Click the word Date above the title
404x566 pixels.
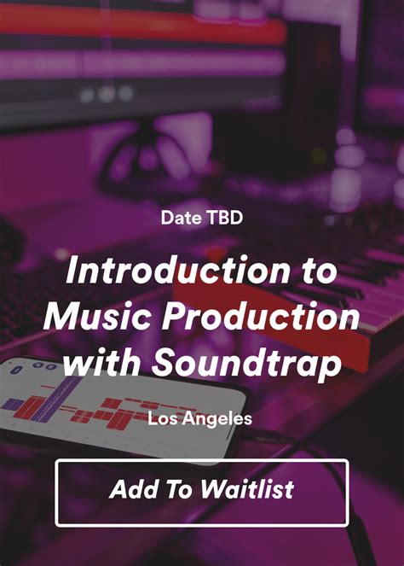[x=179, y=218]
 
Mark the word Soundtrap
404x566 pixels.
[x=247, y=363]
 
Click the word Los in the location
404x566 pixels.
[x=161, y=418]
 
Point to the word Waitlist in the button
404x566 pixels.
[x=248, y=489]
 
